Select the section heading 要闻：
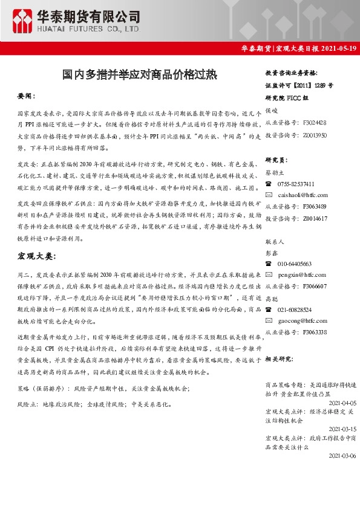pos(27,96)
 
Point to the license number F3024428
pos(315,122)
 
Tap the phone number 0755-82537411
pos(296,184)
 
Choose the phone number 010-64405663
pos(295,264)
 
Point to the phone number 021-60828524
pos(295,309)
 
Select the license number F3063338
pos(315,332)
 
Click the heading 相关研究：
pos(279,358)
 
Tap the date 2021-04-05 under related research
pos(342,402)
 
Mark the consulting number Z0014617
pos(315,218)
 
